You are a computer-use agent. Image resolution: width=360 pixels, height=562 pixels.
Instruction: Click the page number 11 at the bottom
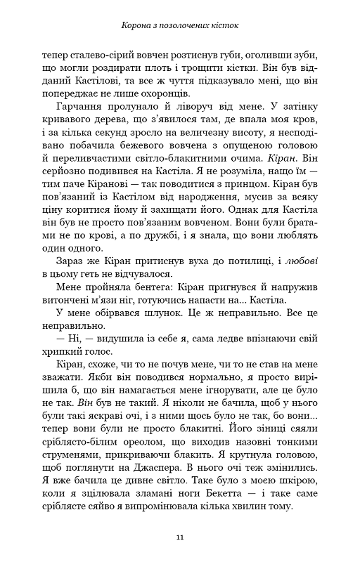pyautogui.click(x=180, y=537)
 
